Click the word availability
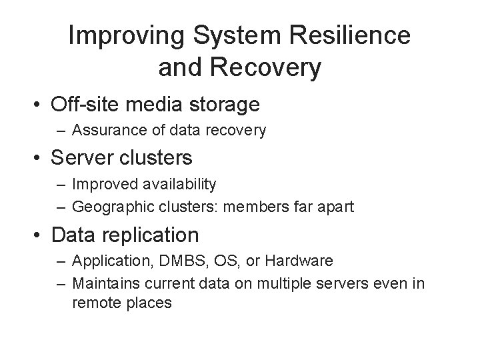[180, 183]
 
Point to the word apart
[337, 207]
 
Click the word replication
[157, 235]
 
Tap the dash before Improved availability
[62, 183]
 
